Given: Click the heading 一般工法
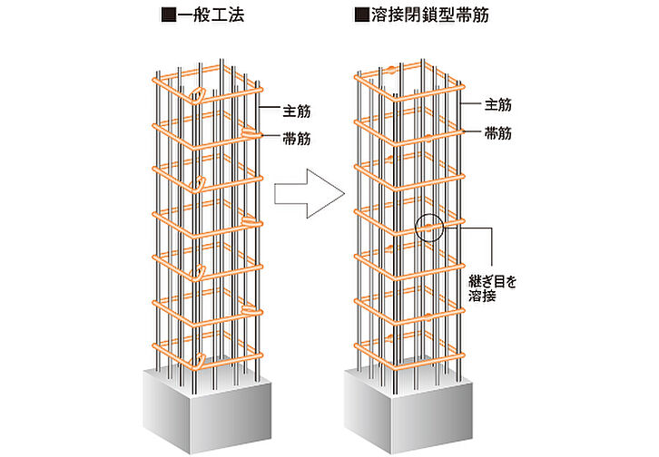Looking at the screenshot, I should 211,15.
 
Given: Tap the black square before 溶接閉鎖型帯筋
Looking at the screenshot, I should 361,15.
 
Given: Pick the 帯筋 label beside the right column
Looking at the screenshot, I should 498,132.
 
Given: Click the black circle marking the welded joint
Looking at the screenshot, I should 429,227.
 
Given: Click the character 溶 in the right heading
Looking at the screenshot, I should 379,15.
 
